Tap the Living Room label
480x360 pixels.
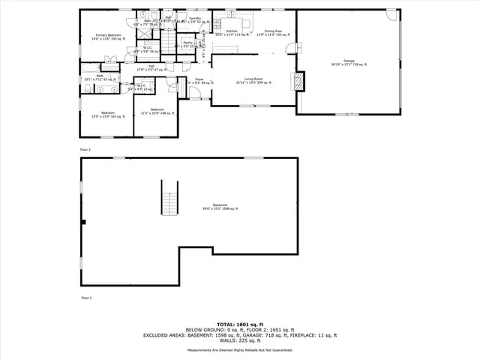coord(250,80)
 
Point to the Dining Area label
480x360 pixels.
coord(273,32)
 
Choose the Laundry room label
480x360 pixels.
coord(195,19)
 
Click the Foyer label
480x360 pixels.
coord(199,79)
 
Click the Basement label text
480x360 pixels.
coord(220,207)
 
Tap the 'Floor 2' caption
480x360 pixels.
coord(85,150)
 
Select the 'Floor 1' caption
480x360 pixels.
coord(85,298)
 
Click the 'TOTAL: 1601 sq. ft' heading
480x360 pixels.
coord(240,323)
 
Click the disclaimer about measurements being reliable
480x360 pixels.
coord(240,349)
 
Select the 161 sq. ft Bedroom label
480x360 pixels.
coord(104,115)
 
